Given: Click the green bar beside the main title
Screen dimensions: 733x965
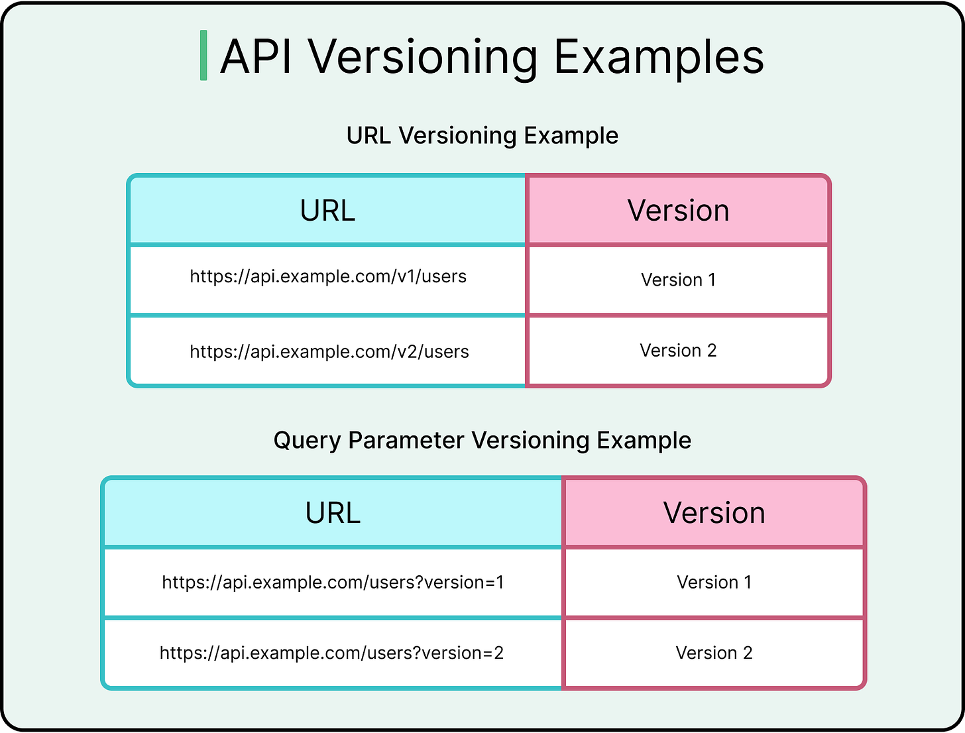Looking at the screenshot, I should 203,56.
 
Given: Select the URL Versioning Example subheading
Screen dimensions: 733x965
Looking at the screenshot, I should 482,135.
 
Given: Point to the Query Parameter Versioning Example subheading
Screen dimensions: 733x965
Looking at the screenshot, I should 482,440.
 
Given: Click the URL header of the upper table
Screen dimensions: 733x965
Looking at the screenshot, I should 327,211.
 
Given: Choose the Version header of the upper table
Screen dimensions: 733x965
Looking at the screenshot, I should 678,211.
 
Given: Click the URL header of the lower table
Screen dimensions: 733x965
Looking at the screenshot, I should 333,513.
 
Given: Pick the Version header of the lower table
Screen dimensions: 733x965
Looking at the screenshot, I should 714,513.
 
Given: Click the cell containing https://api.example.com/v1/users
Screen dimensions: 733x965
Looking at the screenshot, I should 328,277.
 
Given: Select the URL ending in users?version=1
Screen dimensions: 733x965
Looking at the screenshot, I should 333,583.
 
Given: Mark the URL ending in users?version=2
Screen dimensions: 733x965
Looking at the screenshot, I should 331,653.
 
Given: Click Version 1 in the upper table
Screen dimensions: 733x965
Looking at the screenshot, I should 678,280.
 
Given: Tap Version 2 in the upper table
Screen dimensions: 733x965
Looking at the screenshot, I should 678,351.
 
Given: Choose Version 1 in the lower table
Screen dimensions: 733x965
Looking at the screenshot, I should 714,583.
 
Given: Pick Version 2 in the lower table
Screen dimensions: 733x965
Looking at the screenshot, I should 714,653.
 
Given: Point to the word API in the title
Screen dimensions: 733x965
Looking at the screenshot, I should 256,57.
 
